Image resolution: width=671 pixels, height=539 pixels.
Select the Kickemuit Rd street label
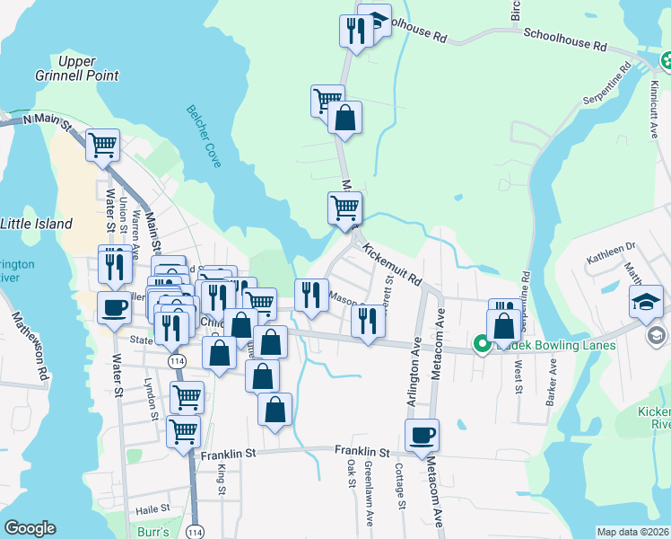pyautogui.click(x=392, y=262)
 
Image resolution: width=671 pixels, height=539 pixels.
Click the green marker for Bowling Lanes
pyautogui.click(x=481, y=344)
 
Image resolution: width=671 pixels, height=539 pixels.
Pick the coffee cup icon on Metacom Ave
pyautogui.click(x=422, y=436)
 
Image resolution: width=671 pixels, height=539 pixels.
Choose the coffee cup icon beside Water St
pyautogui.click(x=114, y=307)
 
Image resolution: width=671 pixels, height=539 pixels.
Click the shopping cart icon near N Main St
pyautogui.click(x=103, y=144)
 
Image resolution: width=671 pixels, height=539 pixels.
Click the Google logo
pyautogui.click(x=30, y=528)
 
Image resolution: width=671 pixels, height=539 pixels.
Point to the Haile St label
pyautogui.click(x=153, y=509)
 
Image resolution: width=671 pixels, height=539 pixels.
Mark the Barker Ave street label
pyautogui.click(x=552, y=382)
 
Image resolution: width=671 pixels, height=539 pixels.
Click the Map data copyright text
pyautogui.click(x=633, y=532)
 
